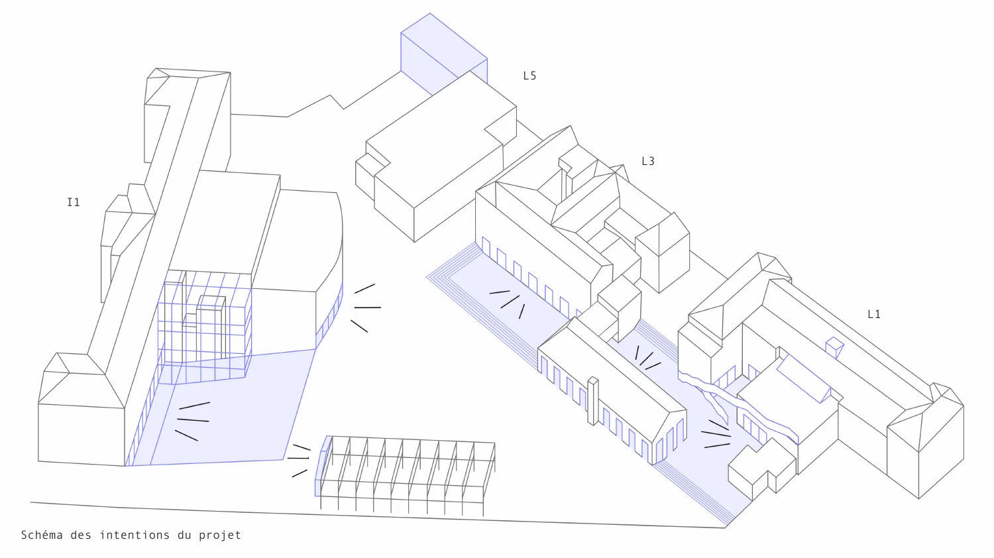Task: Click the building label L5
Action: point(530,76)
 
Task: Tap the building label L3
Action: point(648,161)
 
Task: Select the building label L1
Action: point(874,314)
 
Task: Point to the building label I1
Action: point(74,202)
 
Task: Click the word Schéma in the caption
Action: point(42,535)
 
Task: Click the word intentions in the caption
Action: point(135,535)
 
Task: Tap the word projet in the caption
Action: point(219,535)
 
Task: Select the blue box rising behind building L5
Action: point(444,53)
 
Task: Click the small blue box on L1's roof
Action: point(835,347)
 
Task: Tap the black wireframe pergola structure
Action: point(406,475)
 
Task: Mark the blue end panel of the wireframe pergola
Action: point(323,466)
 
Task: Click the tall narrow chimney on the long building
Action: point(593,401)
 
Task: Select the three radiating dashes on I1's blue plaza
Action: point(193,421)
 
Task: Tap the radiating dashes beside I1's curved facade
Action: point(366,307)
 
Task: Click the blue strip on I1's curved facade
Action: point(329,316)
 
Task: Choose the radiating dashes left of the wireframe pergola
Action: point(299,460)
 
